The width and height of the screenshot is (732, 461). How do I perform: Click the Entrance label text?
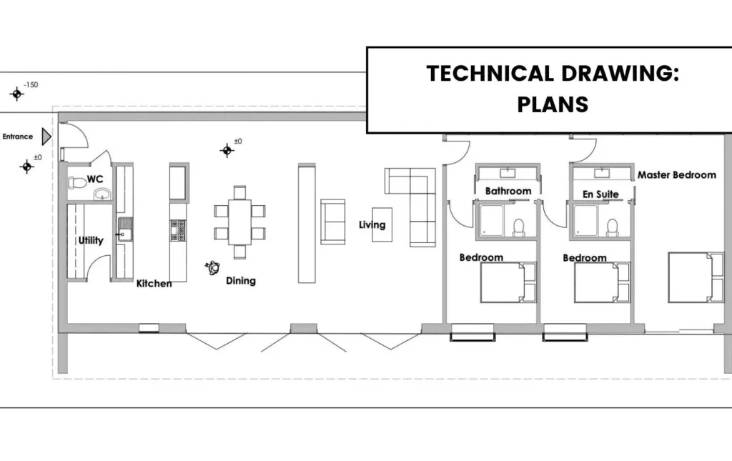pos(18,137)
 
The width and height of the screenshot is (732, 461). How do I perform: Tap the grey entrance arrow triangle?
pos(46,137)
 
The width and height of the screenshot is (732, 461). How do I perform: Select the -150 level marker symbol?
pos(17,94)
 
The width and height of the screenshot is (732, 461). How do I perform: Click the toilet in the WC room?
pos(77,182)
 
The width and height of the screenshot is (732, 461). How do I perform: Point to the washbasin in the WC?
pos(102,194)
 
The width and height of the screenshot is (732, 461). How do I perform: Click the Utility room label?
pos(91,240)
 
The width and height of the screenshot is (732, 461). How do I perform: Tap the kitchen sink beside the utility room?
pos(124,229)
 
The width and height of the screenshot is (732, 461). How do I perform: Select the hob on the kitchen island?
pos(178,230)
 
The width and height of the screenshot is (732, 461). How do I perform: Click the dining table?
pos(240,222)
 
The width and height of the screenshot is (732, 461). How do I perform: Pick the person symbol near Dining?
pos(212,268)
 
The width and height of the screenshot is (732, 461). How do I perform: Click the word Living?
pos(372,225)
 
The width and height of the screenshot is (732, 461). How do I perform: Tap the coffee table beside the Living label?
pos(382,224)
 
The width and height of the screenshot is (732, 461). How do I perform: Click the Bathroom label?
pos(508,191)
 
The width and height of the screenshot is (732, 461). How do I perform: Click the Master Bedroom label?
pos(677,175)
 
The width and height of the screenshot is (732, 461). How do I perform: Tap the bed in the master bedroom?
pos(696,277)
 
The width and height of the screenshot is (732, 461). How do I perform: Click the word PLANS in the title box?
pos(553,104)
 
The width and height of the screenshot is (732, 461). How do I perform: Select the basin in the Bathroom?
pos(508,173)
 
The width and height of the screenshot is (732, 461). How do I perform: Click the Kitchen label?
pos(154,283)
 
